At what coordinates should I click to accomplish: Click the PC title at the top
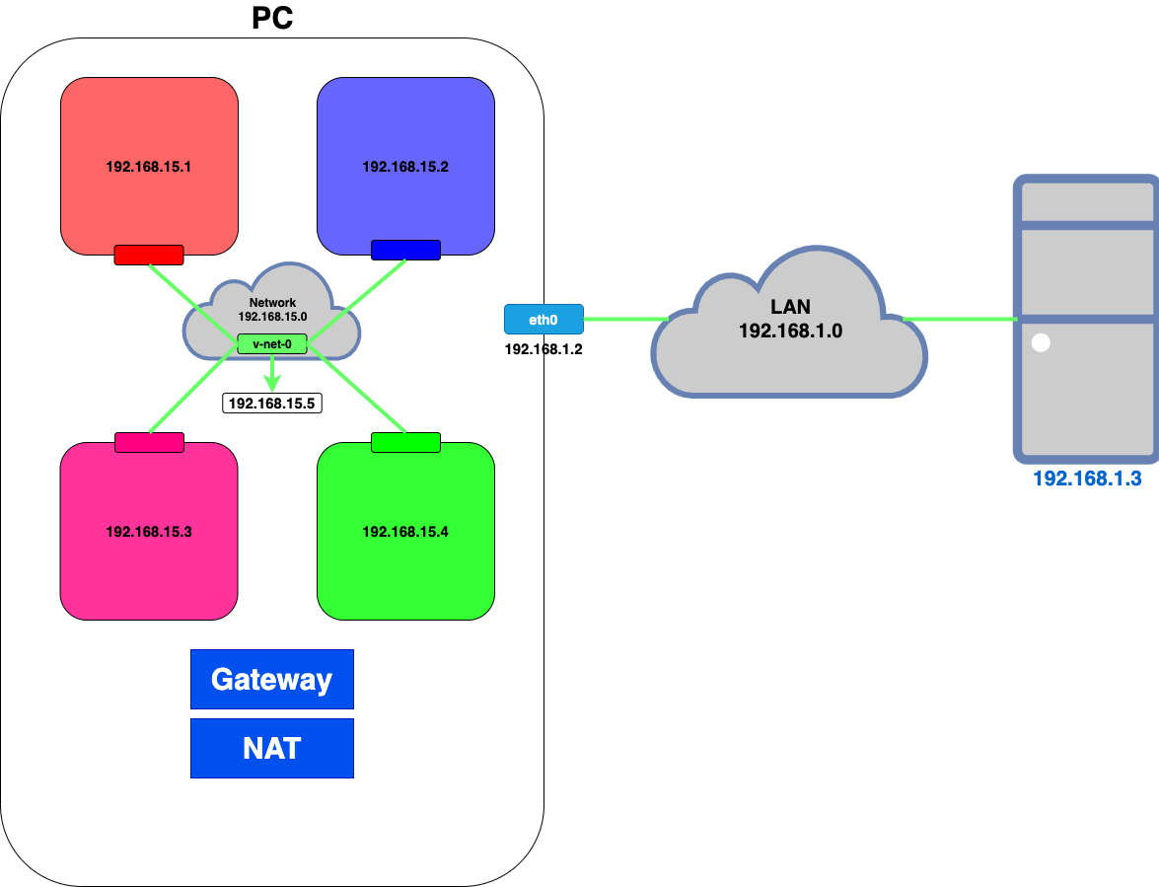[272, 18]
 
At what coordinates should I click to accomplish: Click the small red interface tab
[149, 255]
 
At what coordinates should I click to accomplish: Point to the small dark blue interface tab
[405, 251]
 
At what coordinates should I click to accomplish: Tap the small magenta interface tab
[149, 442]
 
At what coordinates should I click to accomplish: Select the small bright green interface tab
[405, 442]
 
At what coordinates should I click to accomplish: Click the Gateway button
[272, 679]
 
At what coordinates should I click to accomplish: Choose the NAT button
[272, 748]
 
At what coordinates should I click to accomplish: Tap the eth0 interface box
[543, 319]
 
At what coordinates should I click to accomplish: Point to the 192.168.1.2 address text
[543, 349]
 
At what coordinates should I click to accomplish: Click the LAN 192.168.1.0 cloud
[789, 326]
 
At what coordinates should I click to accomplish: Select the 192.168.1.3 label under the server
[1086, 480]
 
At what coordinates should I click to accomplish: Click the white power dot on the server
[1041, 344]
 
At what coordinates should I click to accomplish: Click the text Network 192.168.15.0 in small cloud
[272, 310]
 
